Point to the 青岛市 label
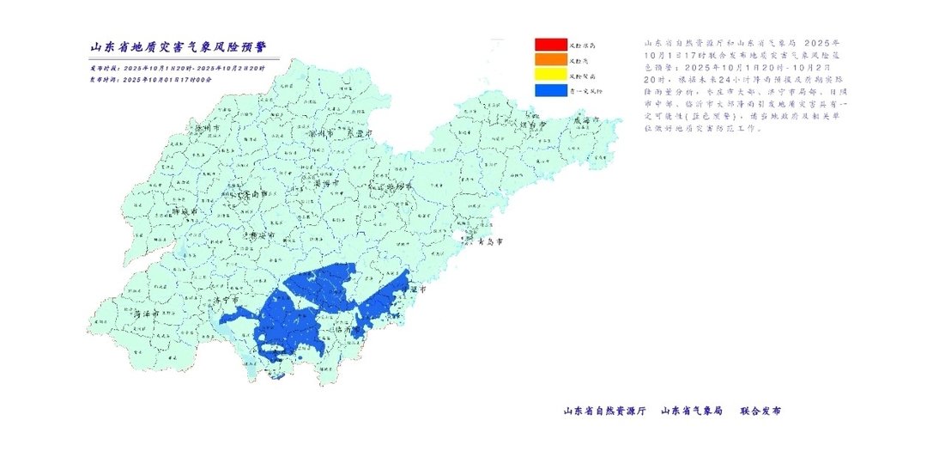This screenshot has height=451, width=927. click(485, 242)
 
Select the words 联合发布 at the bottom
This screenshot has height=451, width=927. click(760, 411)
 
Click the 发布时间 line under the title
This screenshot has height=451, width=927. click(150, 79)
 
